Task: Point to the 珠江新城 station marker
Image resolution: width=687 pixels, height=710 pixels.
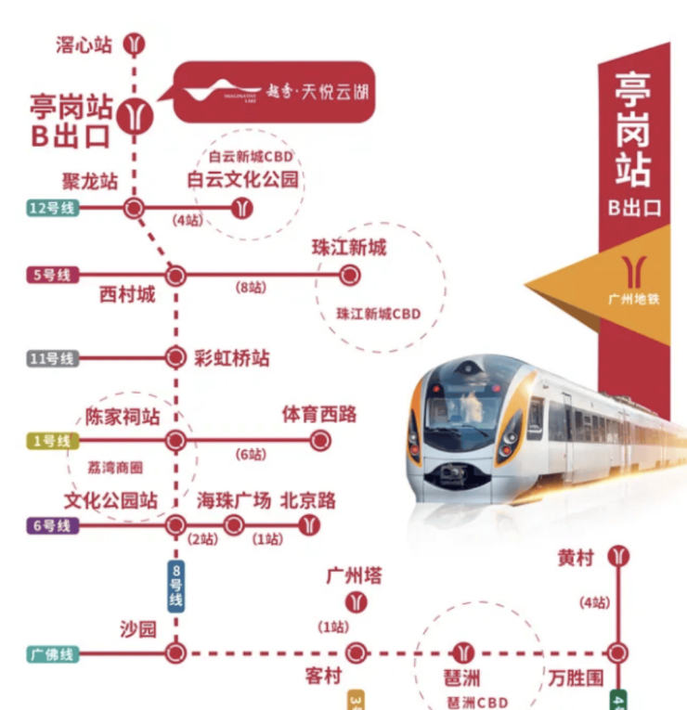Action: (x=349, y=275)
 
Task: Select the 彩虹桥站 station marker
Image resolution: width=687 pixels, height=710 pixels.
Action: (x=175, y=357)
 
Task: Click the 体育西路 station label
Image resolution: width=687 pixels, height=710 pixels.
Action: (x=319, y=415)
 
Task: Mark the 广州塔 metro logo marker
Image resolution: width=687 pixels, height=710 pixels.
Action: (x=356, y=603)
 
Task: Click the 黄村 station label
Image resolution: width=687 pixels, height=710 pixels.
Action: (x=576, y=558)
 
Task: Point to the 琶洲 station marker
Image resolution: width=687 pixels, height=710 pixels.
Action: (x=463, y=653)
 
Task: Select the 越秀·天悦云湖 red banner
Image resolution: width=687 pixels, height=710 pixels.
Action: (x=275, y=92)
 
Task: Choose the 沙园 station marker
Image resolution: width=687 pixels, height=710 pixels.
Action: (x=175, y=653)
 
